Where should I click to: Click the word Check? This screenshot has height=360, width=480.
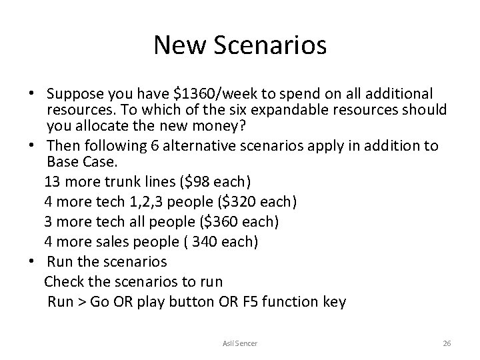65,281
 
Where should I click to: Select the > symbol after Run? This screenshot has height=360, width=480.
83,302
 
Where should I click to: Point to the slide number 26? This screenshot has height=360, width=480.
447,343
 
